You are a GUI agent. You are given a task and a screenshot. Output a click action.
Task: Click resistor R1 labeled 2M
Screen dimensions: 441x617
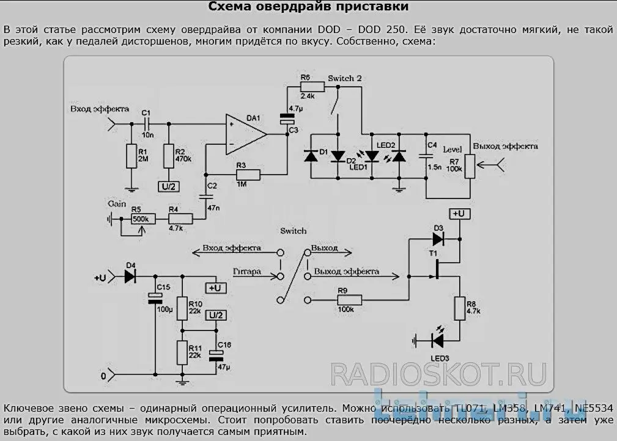pos(130,156)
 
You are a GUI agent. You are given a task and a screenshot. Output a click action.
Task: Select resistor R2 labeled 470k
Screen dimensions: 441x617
pos(168,156)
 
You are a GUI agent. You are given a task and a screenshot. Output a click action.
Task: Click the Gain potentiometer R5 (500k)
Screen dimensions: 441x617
pos(143,219)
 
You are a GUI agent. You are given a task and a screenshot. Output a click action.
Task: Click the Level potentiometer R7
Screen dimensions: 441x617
pos(469,166)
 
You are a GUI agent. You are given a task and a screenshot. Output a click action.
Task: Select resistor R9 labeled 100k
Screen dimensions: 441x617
pos(349,299)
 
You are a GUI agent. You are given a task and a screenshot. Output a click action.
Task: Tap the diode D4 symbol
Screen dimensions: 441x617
pos(130,277)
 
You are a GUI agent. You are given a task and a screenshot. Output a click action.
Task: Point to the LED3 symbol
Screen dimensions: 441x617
pos(438,339)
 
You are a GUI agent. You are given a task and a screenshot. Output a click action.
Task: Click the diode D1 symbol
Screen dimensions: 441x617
pos(311,156)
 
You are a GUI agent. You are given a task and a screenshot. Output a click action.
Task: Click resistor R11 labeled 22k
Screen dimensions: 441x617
pos(181,352)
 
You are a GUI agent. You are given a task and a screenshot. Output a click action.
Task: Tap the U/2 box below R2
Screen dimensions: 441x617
pos(168,187)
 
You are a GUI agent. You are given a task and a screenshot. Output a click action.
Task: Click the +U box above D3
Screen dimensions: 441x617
pos(460,213)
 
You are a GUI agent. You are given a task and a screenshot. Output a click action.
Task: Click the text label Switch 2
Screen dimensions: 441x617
pos(344,79)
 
